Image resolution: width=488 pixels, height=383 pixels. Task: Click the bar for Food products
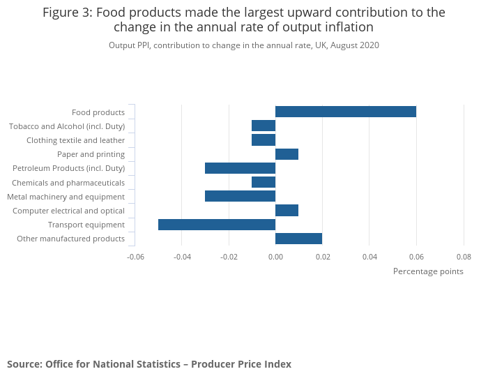346,112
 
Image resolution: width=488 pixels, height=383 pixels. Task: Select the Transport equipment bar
217,225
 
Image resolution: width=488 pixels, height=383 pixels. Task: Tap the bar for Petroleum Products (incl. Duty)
240,168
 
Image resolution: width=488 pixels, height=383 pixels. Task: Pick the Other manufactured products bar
298,239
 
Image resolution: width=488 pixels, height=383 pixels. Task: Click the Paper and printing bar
287,154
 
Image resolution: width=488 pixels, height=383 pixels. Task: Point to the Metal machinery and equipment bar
240,196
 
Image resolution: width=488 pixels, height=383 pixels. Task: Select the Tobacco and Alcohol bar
264,126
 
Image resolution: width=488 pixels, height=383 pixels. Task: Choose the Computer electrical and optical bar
287,210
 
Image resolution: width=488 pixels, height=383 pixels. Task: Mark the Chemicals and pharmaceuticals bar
264,182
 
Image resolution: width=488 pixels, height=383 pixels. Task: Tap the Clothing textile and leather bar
264,140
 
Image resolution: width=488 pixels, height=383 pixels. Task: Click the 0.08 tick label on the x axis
463,257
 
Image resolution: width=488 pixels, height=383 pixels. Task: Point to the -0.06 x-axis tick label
135,257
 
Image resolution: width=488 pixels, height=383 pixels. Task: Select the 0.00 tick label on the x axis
275,257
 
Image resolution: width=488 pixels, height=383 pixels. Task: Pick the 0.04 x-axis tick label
369,257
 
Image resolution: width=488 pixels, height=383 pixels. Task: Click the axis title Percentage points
428,271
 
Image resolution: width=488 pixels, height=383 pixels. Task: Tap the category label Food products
98,112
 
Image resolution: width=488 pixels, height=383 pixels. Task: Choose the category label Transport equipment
86,225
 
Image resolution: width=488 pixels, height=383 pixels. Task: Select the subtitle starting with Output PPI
243,45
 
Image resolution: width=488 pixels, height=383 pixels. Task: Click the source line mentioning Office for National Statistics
149,364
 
